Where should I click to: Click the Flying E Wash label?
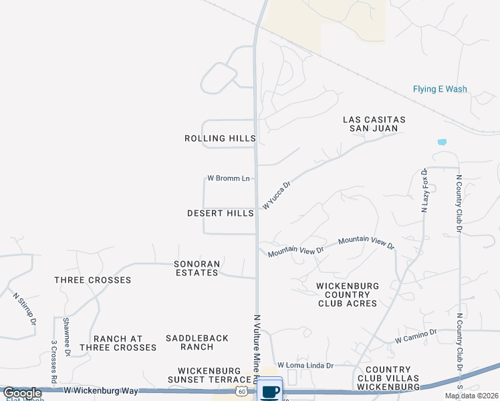(x=439, y=89)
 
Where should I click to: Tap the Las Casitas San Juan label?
(x=374, y=124)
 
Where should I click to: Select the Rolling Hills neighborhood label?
(x=220, y=138)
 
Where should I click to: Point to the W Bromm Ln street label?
(x=228, y=178)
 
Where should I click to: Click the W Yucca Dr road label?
(x=277, y=196)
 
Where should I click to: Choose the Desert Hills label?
(x=221, y=213)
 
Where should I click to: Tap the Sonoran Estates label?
(x=197, y=268)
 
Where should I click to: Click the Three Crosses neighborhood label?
(x=93, y=279)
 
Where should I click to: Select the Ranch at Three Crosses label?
(x=118, y=343)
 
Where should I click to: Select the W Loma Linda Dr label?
(x=305, y=365)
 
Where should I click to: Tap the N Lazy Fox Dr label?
(x=424, y=190)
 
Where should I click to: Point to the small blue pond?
(x=441, y=142)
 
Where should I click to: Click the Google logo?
(x=22, y=392)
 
